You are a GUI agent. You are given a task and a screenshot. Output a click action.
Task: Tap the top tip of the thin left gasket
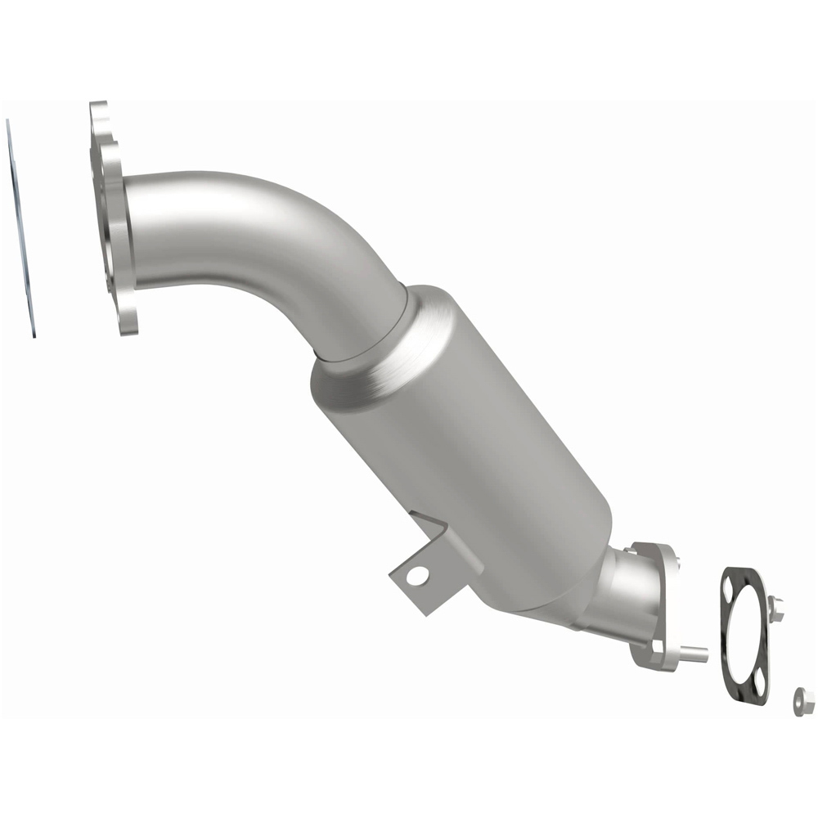click(8, 121)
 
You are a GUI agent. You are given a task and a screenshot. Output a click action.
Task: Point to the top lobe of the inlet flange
click(99, 115)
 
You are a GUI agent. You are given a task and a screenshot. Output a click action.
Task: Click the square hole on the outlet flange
click(656, 646)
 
